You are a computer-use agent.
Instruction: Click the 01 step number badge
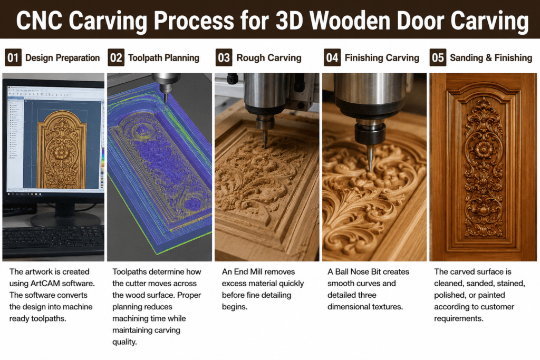13,57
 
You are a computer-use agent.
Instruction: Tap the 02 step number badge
116,57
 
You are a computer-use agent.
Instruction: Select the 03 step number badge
224,57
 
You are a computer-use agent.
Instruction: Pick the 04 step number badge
332,57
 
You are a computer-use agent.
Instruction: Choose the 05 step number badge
438,57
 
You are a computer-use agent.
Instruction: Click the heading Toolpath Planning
163,58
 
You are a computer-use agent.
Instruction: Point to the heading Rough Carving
268,58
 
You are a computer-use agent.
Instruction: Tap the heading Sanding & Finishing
491,58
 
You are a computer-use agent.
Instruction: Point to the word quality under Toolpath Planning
124,342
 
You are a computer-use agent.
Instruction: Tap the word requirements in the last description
458,318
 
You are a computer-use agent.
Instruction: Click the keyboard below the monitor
53,241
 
